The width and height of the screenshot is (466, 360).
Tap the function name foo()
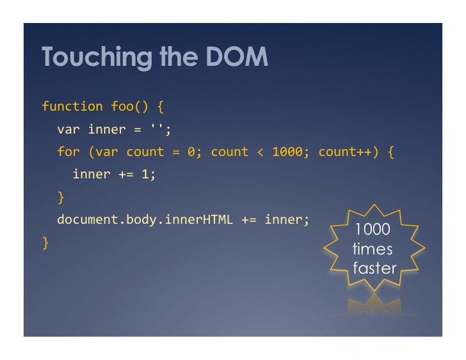pos(130,106)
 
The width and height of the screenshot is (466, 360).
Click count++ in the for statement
pos(345,152)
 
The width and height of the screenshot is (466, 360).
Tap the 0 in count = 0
pos(191,152)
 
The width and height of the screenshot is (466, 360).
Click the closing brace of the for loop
pos(61,196)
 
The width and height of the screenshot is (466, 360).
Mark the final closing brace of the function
pos(45,242)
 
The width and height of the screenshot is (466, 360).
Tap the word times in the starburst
pos(373,249)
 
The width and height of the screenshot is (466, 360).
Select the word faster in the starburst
pos(374,268)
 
